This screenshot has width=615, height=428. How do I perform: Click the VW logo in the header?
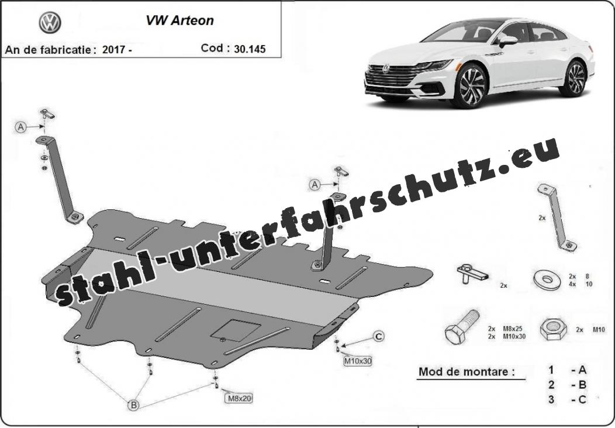[x=50, y=23]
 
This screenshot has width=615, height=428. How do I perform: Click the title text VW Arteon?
[x=179, y=20]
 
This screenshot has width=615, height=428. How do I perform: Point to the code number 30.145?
[x=250, y=49]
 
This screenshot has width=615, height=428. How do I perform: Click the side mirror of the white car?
[x=507, y=41]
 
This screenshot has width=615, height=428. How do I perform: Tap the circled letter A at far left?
[x=21, y=127]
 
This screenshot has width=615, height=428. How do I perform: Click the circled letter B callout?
[x=134, y=405]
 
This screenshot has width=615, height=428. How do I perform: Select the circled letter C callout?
[x=378, y=336]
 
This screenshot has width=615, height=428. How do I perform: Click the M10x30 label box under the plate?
[x=357, y=361]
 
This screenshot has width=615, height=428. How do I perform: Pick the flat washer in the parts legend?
[x=547, y=279]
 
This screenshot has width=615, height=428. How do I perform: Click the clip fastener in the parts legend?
[x=472, y=272]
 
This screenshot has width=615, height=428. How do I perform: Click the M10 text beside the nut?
[x=599, y=330]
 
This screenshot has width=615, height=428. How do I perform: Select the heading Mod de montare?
[x=467, y=371]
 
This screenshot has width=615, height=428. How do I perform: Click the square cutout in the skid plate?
[x=236, y=330]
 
